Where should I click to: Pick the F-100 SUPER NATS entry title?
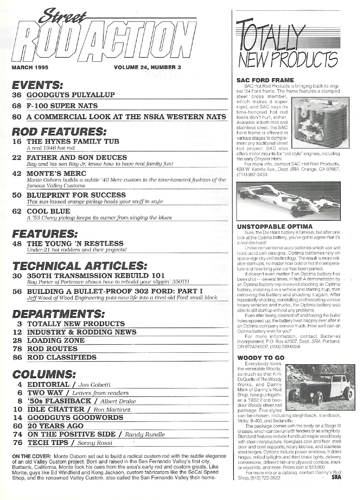pos(62,105)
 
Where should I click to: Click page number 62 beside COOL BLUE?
pos(17,211)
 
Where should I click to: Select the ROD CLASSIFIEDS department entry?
pos(62,357)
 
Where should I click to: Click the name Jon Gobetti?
pos(94,385)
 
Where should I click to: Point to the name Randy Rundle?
pos(146,434)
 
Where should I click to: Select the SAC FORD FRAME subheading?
pos(260,80)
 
